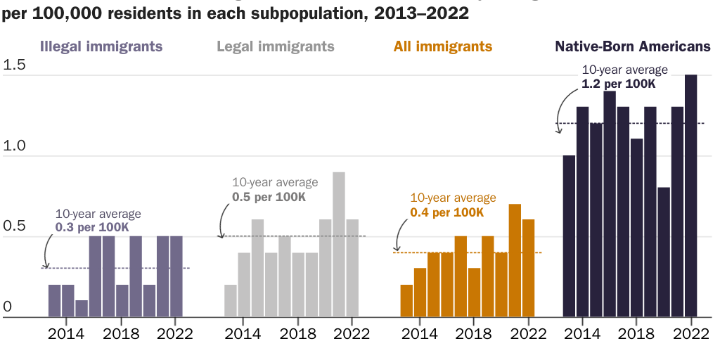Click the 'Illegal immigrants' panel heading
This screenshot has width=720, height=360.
101,47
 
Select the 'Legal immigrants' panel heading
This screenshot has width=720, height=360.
275,47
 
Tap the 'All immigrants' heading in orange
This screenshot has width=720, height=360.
442,47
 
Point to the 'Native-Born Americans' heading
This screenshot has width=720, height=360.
633,47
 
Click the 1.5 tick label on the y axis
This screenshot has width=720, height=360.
14,65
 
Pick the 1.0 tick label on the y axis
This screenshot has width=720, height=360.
14,146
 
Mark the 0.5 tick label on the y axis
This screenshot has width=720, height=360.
14,226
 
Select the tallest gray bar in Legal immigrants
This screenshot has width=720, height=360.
339,245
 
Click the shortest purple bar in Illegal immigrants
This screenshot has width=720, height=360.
82,309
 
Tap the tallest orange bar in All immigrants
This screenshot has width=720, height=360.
515,261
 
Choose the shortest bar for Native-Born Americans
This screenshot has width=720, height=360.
664,252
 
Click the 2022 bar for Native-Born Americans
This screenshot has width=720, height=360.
691,196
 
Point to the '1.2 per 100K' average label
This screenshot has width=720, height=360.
618,84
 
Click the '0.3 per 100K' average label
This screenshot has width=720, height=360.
92,228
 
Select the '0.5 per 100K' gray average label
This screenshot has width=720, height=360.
269,197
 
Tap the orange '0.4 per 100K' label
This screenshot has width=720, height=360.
446,212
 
